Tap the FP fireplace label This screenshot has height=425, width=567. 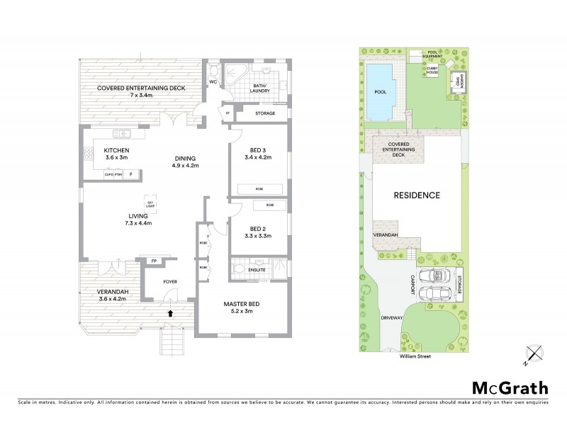(x=153, y=261)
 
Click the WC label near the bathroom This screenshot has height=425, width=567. (x=213, y=81)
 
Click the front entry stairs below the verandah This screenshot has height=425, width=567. (x=172, y=344)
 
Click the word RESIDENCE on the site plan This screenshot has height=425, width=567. (x=417, y=195)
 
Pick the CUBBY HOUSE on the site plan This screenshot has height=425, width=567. (x=432, y=70)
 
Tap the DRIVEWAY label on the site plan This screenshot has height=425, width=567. (x=391, y=318)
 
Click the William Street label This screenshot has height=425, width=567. (x=414, y=356)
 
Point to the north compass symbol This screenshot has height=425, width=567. (x=534, y=353)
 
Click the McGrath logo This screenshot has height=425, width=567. (x=510, y=387)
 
